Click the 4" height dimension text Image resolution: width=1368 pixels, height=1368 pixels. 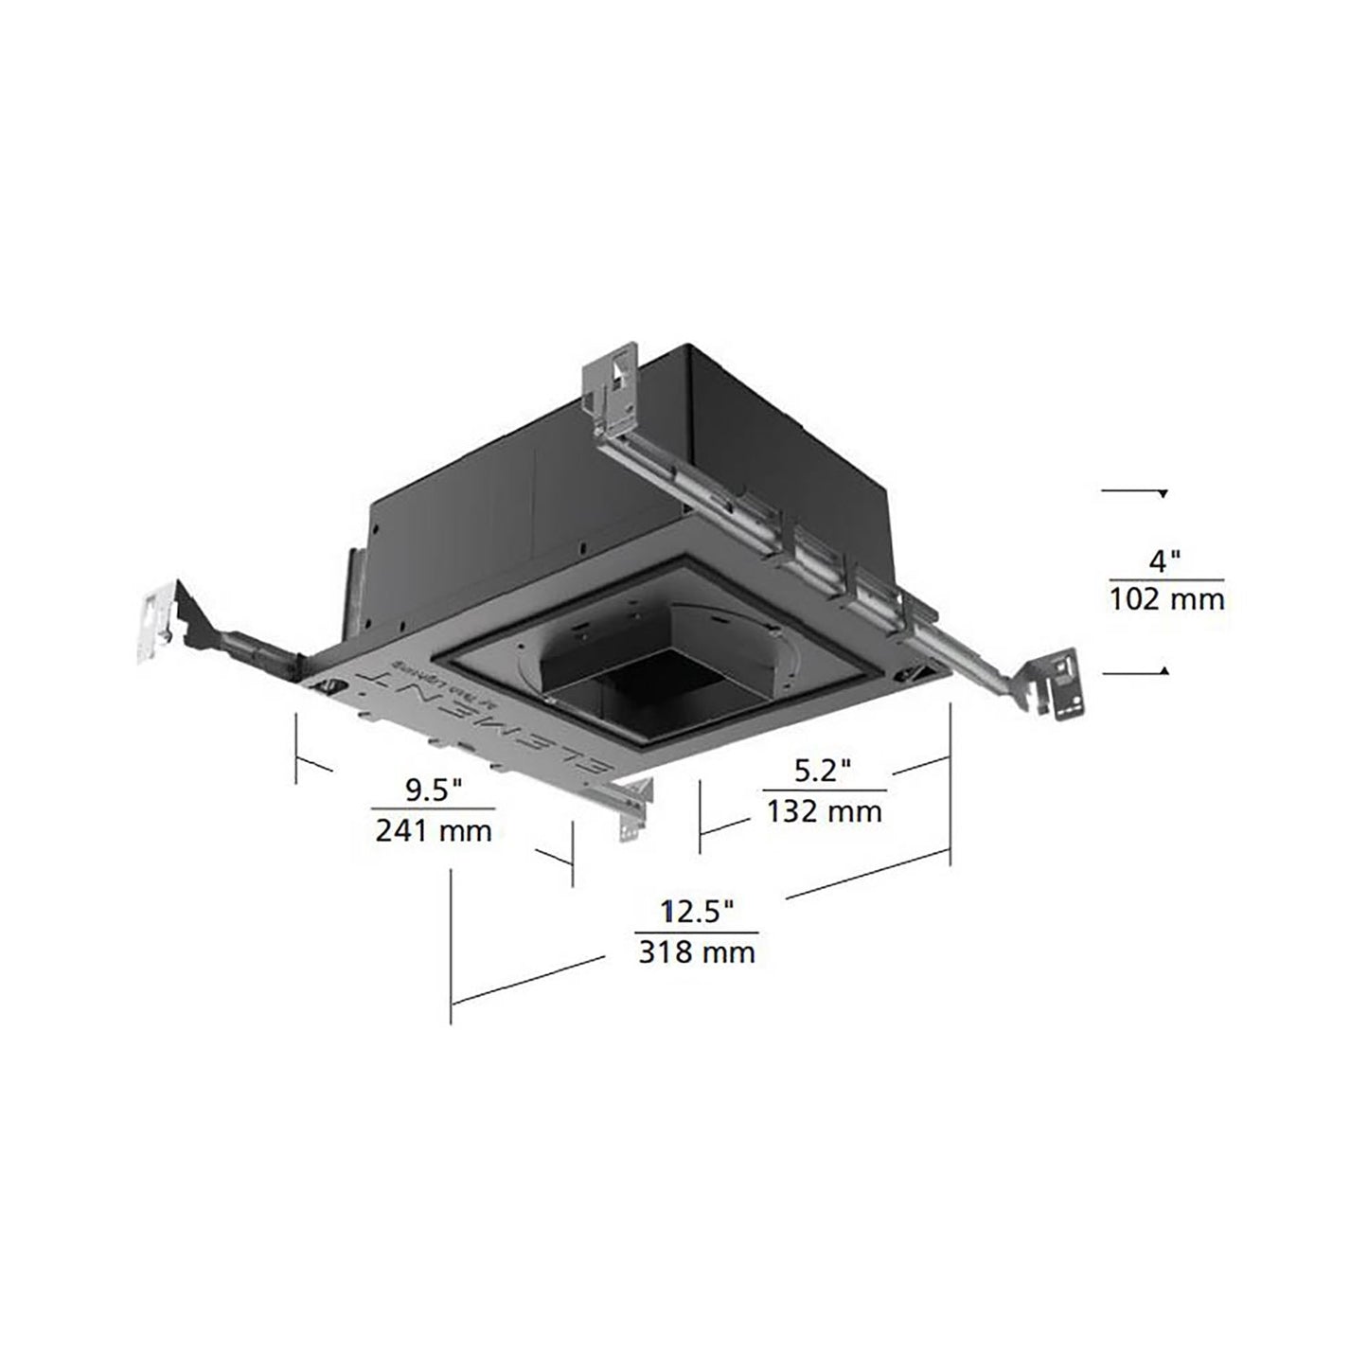pos(1165,560)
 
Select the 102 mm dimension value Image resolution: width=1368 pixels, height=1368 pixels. pos(1166,599)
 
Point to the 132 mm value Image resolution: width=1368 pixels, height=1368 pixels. pos(824,810)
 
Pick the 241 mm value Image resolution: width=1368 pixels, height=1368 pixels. pos(434,830)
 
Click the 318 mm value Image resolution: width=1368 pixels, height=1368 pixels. pos(697,951)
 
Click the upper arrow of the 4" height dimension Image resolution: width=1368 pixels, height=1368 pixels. pos(1163,493)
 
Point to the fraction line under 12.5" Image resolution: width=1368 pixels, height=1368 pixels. pos(697,932)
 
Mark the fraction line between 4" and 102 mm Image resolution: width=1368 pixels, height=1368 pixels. pos(1166,579)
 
